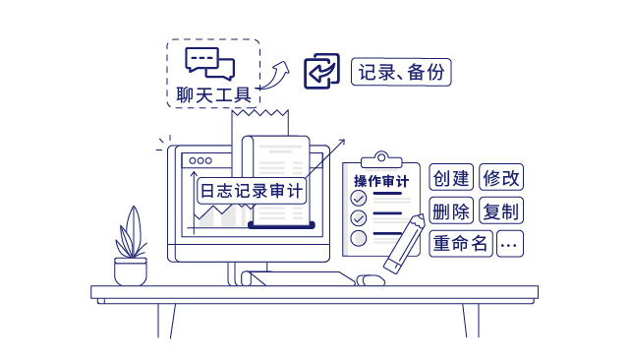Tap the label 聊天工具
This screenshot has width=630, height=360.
coord(212,94)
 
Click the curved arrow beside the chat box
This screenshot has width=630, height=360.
coord(279,72)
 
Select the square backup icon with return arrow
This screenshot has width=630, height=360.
coord(321,72)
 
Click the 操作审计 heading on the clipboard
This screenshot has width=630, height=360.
coord(380,181)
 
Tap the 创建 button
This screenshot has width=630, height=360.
coord(451,178)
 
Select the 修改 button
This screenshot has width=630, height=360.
coord(500,178)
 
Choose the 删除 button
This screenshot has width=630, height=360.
coord(451,210)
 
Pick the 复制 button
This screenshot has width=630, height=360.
coord(500,210)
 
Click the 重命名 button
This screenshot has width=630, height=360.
coord(460,243)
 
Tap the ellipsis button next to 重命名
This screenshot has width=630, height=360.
coord(509,243)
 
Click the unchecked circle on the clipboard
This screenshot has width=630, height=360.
coord(359,237)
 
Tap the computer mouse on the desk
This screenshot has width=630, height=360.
coord(370,279)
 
